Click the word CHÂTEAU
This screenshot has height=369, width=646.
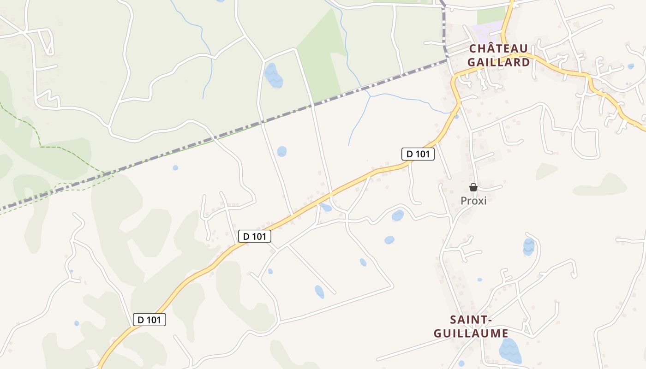tap(498, 48)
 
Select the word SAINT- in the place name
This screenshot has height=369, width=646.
tap(470, 319)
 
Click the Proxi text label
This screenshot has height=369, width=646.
tap(473, 201)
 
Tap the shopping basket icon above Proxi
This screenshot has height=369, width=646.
tap(473, 187)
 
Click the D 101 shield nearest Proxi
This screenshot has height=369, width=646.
tap(418, 154)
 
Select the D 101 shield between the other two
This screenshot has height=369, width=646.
tap(254, 236)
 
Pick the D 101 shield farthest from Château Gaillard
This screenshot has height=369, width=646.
tap(149, 319)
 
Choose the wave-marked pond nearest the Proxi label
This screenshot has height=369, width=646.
tap(529, 247)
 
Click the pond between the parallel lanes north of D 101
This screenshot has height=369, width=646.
tap(281, 151)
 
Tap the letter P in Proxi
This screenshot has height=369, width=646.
tap(464, 201)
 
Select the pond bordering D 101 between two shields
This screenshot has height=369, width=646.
tap(326, 208)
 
